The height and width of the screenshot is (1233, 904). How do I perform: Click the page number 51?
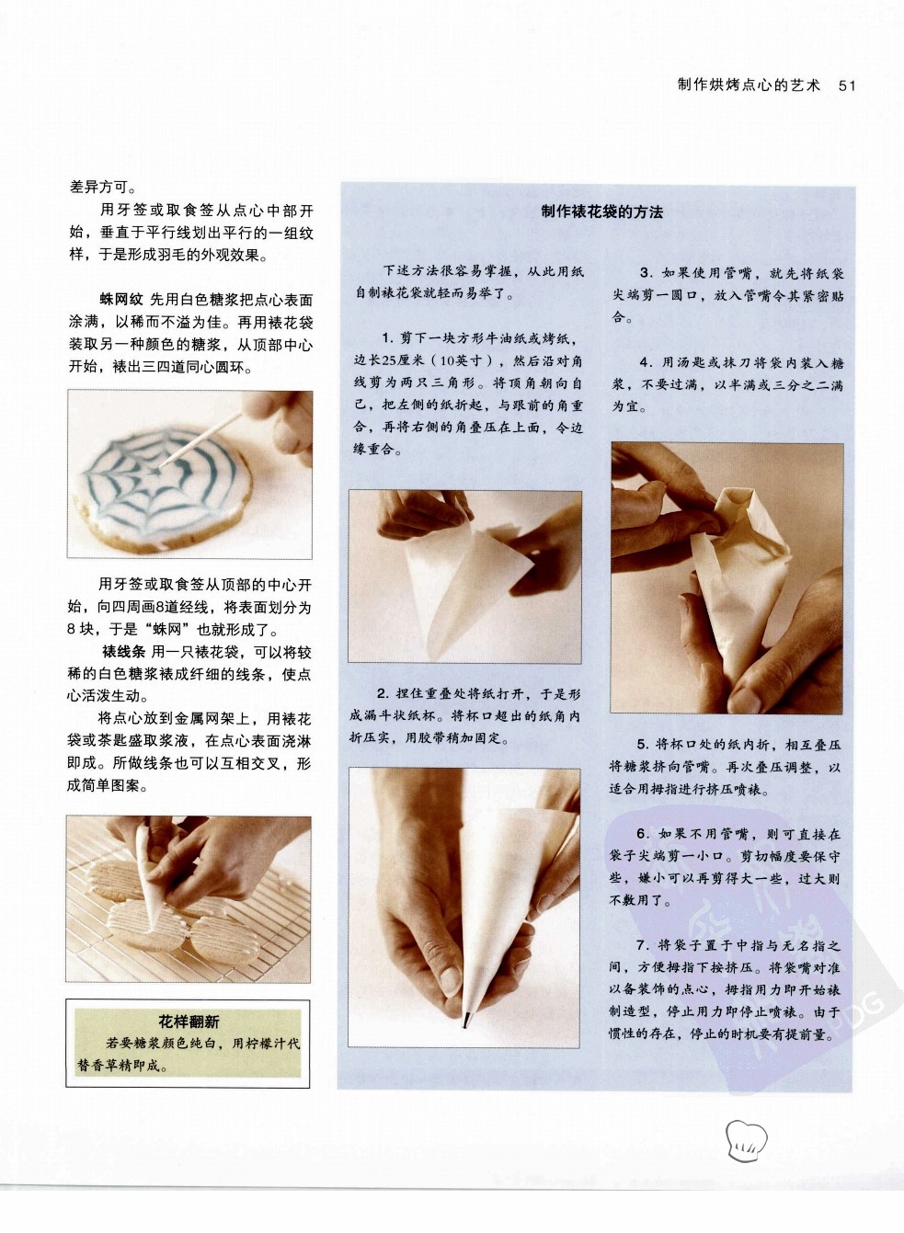tap(847, 86)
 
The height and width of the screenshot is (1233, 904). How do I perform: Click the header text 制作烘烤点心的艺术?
tap(749, 86)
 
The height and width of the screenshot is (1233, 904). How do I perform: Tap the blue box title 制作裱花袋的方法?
tap(601, 212)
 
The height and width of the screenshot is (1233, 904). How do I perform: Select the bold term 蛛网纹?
tap(121, 300)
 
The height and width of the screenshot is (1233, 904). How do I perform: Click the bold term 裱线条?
tap(123, 652)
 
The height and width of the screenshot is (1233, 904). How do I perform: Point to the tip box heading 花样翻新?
tap(189, 1022)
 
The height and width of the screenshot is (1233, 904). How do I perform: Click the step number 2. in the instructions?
tap(383, 694)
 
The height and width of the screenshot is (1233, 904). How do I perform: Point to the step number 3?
tap(647, 273)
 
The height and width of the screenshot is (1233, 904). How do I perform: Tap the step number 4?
tap(647, 362)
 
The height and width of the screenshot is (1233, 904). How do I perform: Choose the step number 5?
tap(644, 746)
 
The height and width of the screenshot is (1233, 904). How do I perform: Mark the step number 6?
tap(643, 835)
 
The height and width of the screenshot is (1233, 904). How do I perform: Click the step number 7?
tap(643, 945)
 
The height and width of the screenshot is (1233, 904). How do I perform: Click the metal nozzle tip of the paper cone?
tap(465, 1020)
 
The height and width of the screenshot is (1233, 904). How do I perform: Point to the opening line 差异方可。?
tap(103, 188)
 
